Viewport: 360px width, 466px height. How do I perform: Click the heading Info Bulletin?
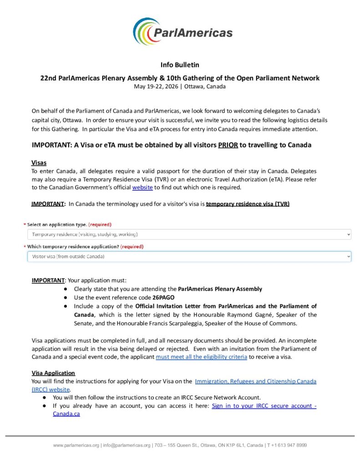180,65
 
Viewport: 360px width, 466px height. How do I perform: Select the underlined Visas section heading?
39,162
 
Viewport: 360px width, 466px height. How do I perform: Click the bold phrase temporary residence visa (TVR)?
248,203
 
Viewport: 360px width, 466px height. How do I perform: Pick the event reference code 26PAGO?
164,297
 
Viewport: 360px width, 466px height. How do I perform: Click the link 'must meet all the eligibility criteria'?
201,357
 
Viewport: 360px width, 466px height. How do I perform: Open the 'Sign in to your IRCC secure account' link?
264,405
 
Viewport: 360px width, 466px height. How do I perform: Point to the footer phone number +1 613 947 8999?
287,445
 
